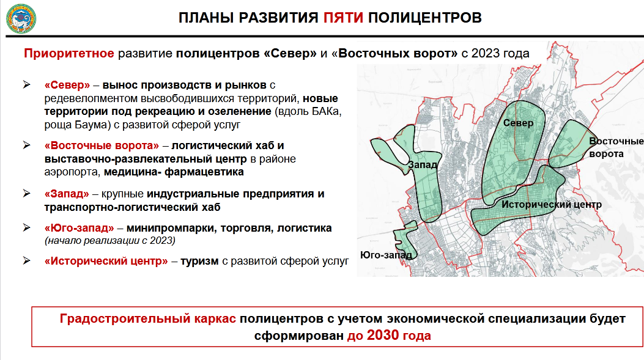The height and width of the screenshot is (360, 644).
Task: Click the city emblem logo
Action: tap(21, 18)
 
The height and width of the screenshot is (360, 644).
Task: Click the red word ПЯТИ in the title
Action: tap(343, 18)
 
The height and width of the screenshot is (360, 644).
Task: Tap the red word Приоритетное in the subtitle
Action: tap(69, 53)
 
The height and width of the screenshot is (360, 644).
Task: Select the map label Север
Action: tap(519, 123)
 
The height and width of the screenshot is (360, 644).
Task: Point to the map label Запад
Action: tap(423, 164)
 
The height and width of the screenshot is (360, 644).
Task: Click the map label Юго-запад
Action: tap(386, 255)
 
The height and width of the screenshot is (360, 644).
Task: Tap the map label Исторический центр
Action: tap(552, 204)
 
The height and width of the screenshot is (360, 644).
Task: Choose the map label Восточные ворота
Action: tap(616, 147)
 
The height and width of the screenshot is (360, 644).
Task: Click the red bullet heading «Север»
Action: tap(67, 85)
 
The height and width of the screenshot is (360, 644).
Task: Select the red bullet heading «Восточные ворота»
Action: tap(102, 145)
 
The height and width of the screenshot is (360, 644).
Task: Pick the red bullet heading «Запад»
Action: tap(67, 194)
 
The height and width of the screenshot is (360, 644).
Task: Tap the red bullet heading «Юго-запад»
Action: tap(80, 228)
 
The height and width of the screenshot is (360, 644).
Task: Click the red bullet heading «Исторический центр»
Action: tap(106, 261)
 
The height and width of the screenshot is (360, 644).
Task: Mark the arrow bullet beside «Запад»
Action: tap(27, 193)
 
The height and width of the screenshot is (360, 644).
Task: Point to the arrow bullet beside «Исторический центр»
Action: tap(27, 260)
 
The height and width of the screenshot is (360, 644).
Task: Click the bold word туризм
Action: tap(199, 261)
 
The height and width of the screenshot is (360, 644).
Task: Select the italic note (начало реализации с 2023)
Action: tap(109, 241)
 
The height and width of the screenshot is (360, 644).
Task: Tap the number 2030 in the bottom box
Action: tap(383, 336)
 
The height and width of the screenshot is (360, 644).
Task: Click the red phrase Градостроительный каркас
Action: tap(148, 318)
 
